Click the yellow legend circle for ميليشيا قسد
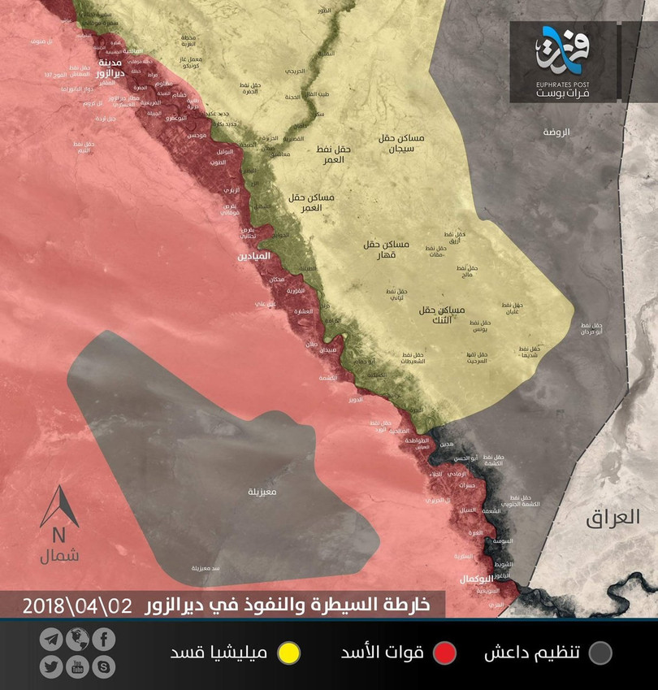coord(288,653)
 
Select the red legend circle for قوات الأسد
coord(444,653)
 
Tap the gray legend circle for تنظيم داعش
coord(600,653)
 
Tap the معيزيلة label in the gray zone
coord(264,493)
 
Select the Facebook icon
coord(103,639)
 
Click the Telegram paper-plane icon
coord(50,639)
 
